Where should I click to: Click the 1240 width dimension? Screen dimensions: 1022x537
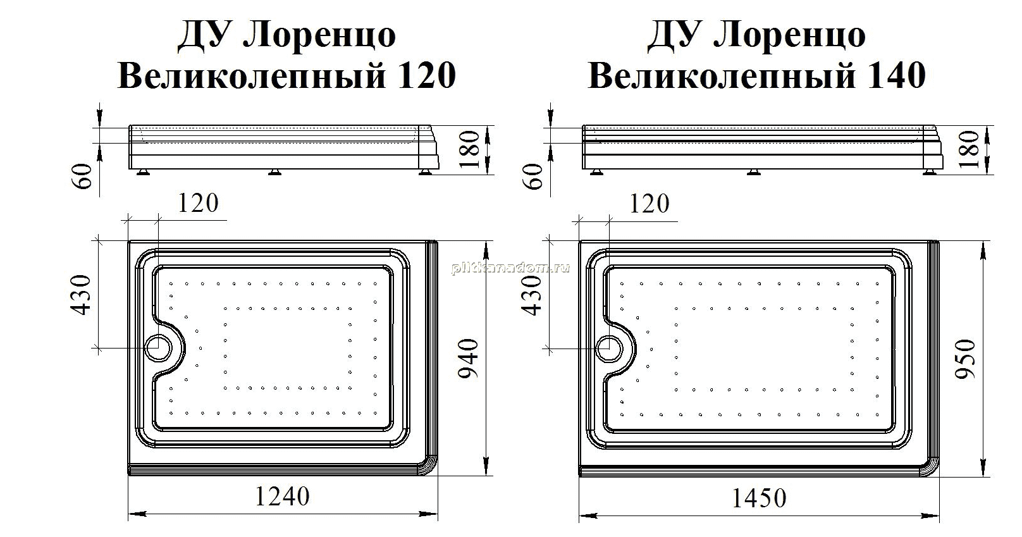[283, 497]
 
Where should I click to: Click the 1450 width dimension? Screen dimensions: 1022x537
[759, 498]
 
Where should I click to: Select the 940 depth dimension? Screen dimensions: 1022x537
[468, 359]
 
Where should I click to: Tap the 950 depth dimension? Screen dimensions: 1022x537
[964, 359]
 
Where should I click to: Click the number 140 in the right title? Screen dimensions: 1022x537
[896, 75]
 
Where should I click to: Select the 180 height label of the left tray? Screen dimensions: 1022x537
[470, 149]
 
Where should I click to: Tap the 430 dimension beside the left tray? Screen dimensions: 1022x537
[81, 295]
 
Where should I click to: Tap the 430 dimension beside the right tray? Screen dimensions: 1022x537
[532, 295]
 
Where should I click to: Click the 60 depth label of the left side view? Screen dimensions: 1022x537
[83, 176]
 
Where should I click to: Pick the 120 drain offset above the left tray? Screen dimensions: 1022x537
[198, 203]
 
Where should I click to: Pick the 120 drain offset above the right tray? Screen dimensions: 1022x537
[650, 203]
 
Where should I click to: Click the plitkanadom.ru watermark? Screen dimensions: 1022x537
[510, 268]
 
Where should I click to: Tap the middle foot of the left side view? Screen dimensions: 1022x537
[274, 172]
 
